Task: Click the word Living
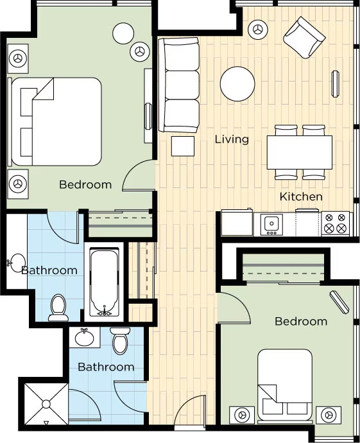click(x=232, y=139)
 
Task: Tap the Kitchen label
click(x=301, y=196)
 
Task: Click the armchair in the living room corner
click(x=304, y=37)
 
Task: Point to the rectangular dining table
click(x=300, y=152)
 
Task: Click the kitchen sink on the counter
click(x=271, y=224)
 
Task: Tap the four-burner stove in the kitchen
click(x=335, y=223)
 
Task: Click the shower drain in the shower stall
click(x=46, y=404)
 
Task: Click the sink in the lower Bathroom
click(x=82, y=336)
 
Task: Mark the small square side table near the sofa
click(x=182, y=146)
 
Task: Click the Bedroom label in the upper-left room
click(x=85, y=185)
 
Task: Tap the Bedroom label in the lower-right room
click(x=300, y=321)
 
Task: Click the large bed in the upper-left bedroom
click(x=58, y=122)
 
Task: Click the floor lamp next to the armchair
click(x=258, y=29)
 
